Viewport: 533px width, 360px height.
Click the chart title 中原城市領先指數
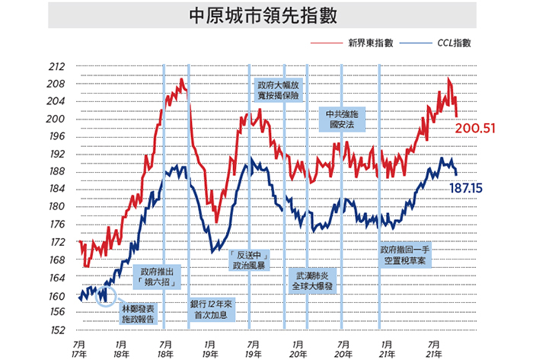tap(263, 16)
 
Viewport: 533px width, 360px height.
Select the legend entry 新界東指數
tap(371, 43)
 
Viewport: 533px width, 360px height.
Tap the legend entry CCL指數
tap(454, 43)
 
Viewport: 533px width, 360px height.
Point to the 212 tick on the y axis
tap(57, 66)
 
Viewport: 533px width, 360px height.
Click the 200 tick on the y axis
tap(56, 119)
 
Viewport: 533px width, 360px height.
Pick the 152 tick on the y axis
tap(57, 330)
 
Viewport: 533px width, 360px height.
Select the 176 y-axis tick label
tap(57, 225)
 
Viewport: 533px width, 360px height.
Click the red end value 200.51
tap(475, 129)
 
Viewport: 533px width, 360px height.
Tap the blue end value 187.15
tap(466, 188)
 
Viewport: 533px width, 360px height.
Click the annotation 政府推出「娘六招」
tap(157, 277)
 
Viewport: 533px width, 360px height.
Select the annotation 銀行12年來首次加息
tap(211, 310)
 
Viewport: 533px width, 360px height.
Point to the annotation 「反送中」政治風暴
tap(249, 260)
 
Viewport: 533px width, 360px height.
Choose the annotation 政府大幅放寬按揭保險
tap(279, 90)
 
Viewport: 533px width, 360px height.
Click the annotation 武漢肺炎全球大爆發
tap(312, 281)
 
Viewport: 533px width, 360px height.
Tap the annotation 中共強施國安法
tap(342, 119)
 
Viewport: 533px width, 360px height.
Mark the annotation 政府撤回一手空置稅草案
tap(404, 255)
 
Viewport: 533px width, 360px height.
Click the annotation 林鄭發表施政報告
tap(138, 314)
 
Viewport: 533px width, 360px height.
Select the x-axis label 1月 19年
tap(209, 349)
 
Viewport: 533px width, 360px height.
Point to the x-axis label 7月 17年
tap(79, 349)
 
